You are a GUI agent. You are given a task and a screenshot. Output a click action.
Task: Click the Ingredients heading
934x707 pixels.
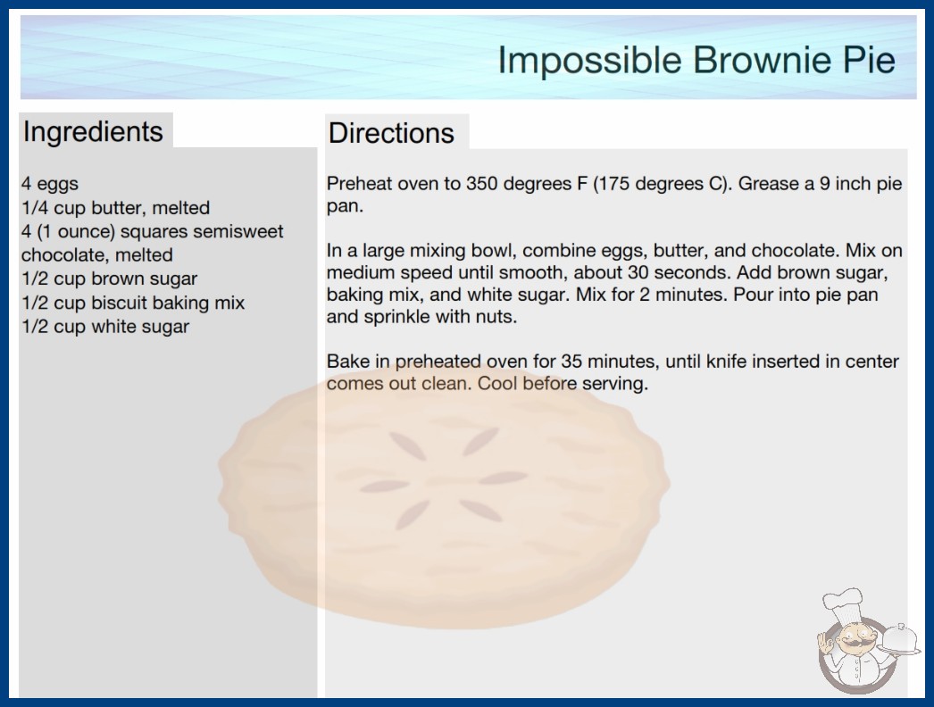coord(93,132)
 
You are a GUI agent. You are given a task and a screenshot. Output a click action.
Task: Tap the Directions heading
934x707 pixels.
coord(391,133)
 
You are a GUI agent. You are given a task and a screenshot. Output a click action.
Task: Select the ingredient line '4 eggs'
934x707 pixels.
coord(50,184)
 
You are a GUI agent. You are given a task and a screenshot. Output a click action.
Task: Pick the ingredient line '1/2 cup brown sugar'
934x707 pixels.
coord(110,279)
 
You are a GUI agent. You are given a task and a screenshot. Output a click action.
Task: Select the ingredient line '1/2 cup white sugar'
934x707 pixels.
coord(105,327)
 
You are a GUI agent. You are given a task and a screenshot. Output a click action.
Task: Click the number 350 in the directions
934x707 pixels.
coord(481,184)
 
